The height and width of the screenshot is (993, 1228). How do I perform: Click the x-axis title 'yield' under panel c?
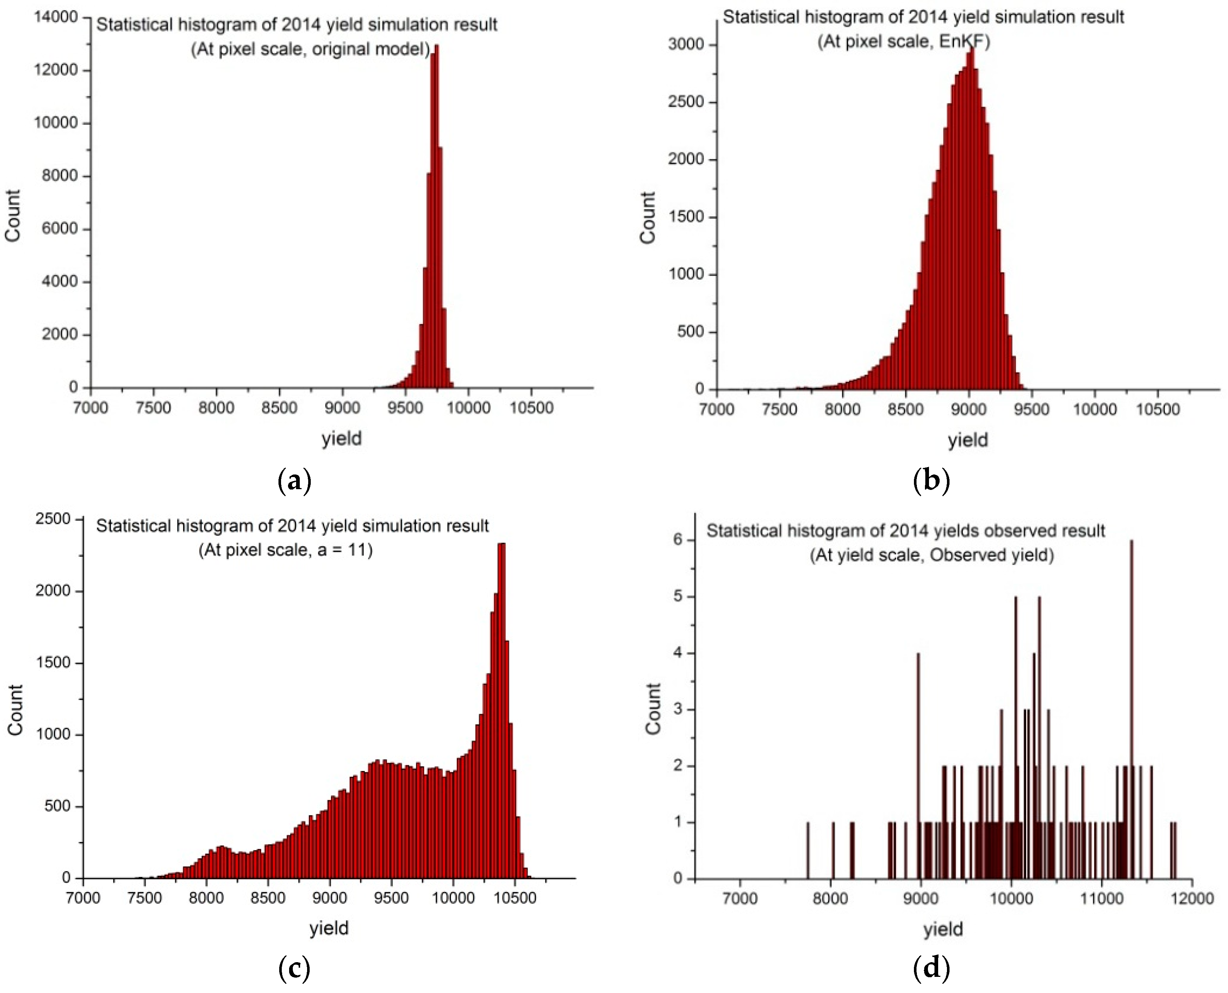coord(329,927)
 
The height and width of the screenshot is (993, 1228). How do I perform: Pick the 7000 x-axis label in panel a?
coord(91,408)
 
